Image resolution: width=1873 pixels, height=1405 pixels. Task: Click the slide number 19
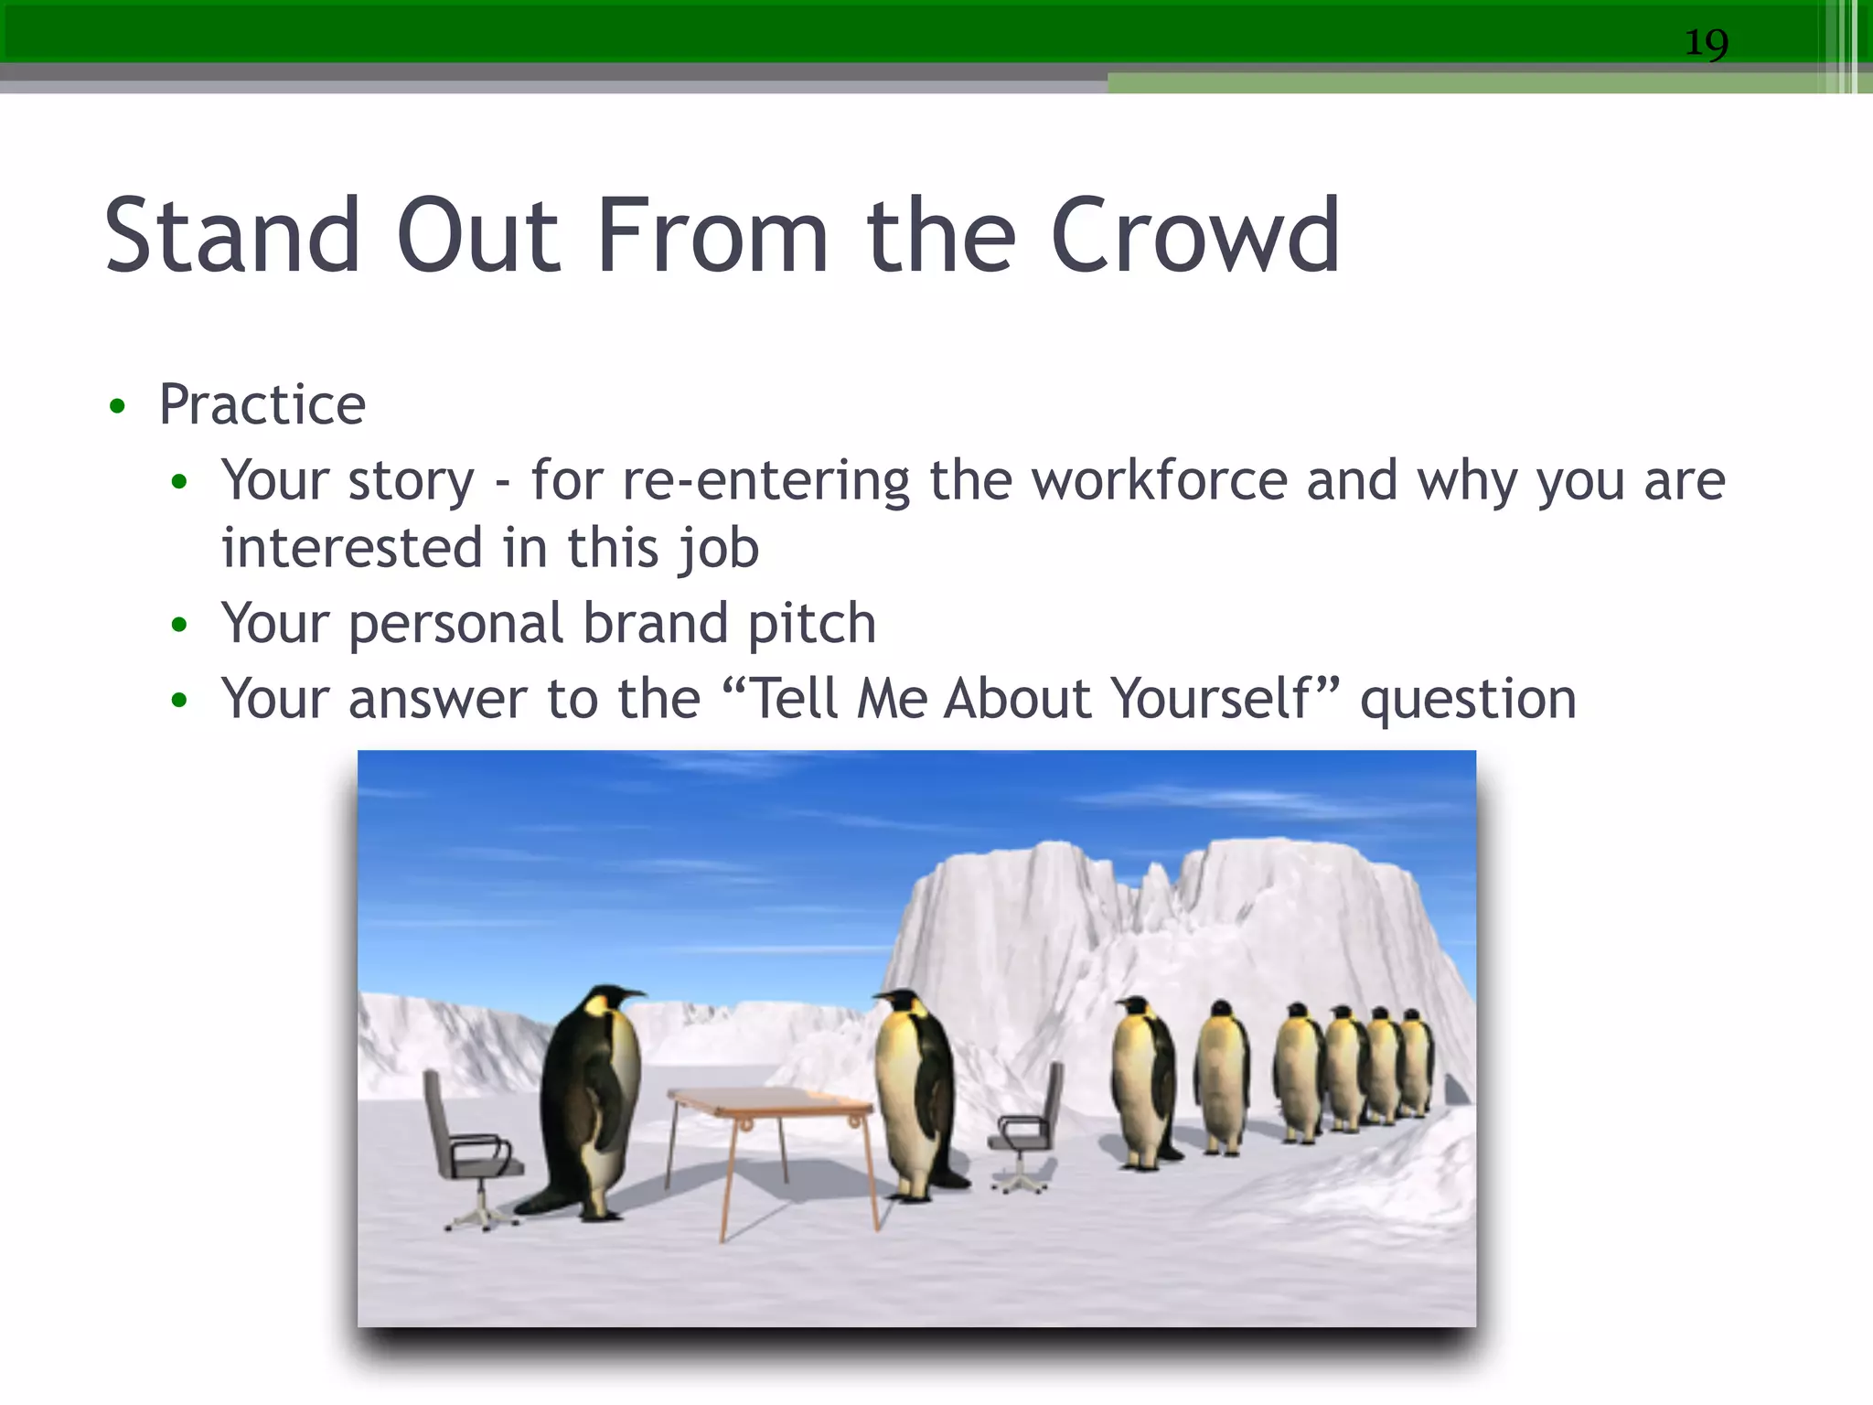tap(1707, 43)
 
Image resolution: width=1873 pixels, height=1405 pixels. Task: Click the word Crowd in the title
tap(1195, 237)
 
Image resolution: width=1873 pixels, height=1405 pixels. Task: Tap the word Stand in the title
tap(232, 237)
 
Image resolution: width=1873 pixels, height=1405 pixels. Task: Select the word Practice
tap(262, 404)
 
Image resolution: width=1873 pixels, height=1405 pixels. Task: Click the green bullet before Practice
tap(117, 407)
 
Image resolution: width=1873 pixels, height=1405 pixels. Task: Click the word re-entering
tap(766, 481)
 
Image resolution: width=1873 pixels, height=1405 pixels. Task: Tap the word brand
tap(655, 624)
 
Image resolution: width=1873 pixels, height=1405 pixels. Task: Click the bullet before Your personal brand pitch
tap(179, 626)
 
